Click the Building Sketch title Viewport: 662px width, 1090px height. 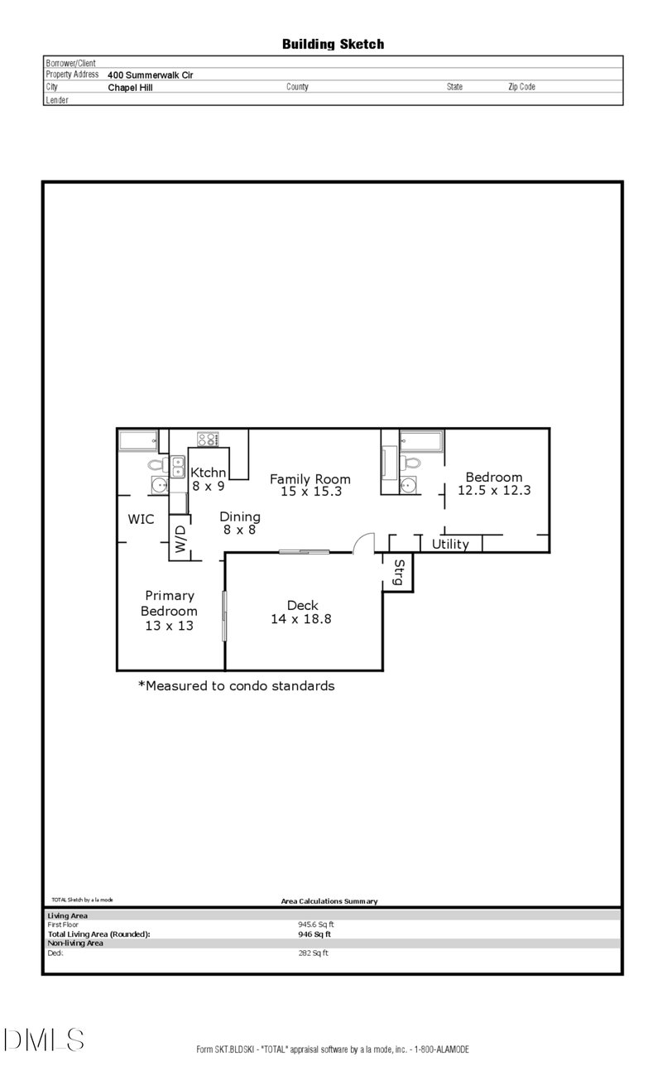pyautogui.click(x=333, y=45)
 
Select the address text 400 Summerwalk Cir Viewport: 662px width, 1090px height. pyautogui.click(x=151, y=75)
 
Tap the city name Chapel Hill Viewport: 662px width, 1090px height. pyautogui.click(x=131, y=88)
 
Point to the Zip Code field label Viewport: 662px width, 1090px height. pyautogui.click(x=522, y=87)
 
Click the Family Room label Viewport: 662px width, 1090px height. pyautogui.click(x=310, y=479)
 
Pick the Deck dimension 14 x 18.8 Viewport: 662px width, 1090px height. pyautogui.click(x=301, y=619)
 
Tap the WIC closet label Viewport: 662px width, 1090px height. pyautogui.click(x=141, y=519)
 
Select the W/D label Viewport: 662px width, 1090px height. pyautogui.click(x=180, y=539)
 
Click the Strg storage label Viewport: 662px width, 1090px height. pyautogui.click(x=398, y=572)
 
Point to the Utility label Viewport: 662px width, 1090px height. pyautogui.click(x=450, y=544)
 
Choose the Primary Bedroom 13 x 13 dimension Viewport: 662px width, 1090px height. pyautogui.click(x=170, y=626)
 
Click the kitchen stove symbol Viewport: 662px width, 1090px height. pyautogui.click(x=208, y=439)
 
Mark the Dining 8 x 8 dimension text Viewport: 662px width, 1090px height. pyautogui.click(x=239, y=530)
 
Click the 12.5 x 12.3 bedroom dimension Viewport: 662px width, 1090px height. pyautogui.click(x=494, y=491)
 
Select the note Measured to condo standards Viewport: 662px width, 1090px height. pyautogui.click(x=237, y=686)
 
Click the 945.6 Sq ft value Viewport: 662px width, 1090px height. pyautogui.click(x=316, y=924)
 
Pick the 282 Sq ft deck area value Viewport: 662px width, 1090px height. pyautogui.click(x=314, y=953)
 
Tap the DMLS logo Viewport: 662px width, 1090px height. pyautogui.click(x=44, y=1040)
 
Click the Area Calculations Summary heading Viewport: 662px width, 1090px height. pyautogui.click(x=329, y=901)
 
